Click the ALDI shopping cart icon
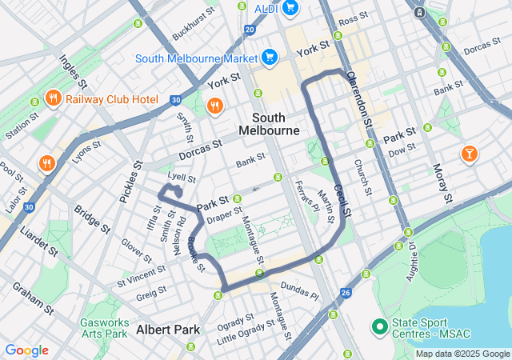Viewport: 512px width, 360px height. [x=289, y=8]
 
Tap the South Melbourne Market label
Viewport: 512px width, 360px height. [x=195, y=58]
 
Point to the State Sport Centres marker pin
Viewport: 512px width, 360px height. [x=380, y=327]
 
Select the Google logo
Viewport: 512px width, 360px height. [x=26, y=350]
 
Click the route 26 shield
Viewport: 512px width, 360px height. [x=345, y=294]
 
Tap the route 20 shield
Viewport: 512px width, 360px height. [x=250, y=30]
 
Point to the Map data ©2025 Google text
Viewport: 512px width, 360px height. [x=462, y=354]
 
